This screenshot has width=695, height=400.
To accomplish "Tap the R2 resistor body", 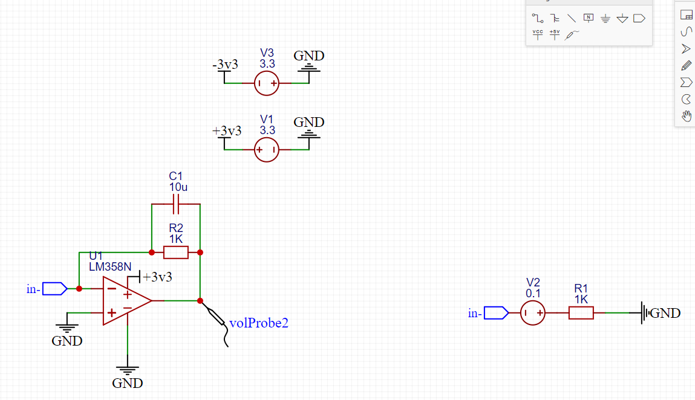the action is tap(176, 253).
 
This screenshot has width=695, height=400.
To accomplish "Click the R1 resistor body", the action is tap(581, 313).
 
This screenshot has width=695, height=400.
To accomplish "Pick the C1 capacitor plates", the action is tap(176, 204).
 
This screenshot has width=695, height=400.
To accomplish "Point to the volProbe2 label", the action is tap(259, 323).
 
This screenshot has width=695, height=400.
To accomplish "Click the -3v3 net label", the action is tap(225, 65).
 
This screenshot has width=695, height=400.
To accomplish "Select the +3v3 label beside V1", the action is tap(226, 131).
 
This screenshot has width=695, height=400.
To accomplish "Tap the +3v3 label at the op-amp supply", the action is tap(157, 277).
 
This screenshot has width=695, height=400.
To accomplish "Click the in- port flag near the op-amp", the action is tap(55, 289).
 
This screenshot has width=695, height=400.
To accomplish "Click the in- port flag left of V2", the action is tap(497, 313).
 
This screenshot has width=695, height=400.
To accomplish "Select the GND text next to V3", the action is tap(309, 56).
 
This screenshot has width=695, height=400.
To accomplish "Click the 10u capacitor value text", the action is tap(178, 187).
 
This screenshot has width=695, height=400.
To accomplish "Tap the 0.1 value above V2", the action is tap(533, 293).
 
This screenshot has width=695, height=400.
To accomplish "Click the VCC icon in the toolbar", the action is tap(538, 34).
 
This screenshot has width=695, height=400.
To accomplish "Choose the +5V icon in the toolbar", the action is tap(555, 34).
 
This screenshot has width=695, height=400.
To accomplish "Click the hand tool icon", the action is tap(686, 116).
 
